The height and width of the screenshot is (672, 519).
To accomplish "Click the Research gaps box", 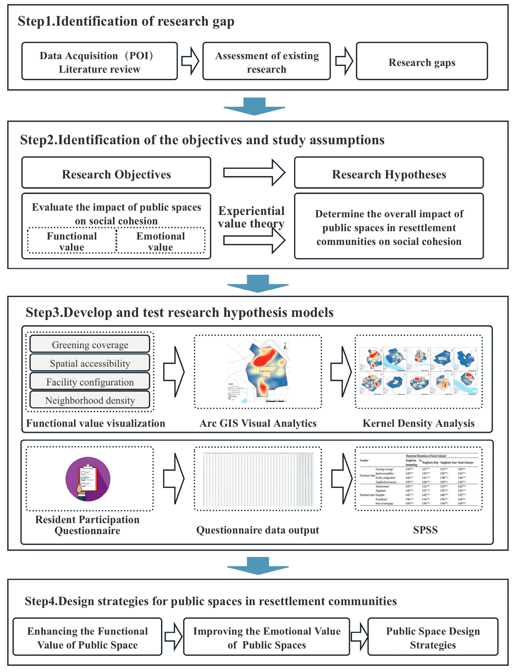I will pyautogui.click(x=421, y=61).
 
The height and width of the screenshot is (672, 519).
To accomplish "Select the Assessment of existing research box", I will pyautogui.click(x=266, y=61).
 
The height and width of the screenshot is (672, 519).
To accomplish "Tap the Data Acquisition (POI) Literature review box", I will pyautogui.click(x=99, y=61).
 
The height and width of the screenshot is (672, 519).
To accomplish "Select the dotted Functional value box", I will pyautogui.click(x=72, y=241).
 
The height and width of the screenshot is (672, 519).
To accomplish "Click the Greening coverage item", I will pyautogui.click(x=90, y=344).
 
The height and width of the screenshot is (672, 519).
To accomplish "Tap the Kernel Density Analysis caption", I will pyautogui.click(x=418, y=423).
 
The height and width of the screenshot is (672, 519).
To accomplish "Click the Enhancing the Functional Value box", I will pyautogui.click(x=87, y=637).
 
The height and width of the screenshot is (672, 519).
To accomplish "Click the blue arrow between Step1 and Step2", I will pyautogui.click(x=254, y=106).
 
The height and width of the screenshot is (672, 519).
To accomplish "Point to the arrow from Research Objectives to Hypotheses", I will pyautogui.click(x=254, y=173).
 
